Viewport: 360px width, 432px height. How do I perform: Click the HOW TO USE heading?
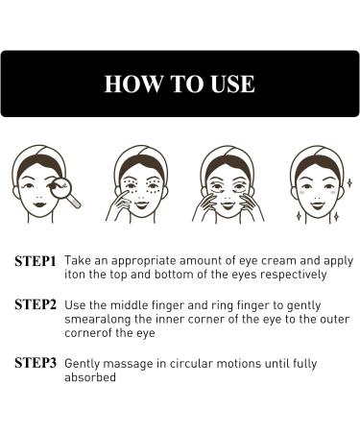pyautogui.click(x=180, y=84)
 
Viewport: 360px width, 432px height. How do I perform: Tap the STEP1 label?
pyautogui.click(x=36, y=260)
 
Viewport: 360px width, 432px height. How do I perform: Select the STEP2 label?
pyautogui.click(x=36, y=305)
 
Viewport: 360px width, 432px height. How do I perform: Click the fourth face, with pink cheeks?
pyautogui.click(x=313, y=182)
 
